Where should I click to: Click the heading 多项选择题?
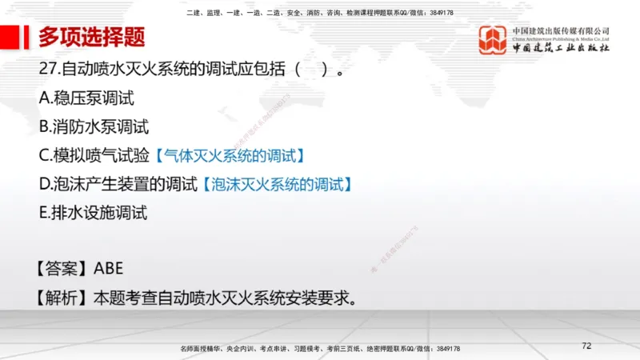point(91,38)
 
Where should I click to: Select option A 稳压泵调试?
point(86,98)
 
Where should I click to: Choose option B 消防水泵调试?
point(94,126)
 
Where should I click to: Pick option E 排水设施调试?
point(94,213)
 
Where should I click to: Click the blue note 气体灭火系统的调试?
point(230,155)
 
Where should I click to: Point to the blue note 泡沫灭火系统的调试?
point(277,184)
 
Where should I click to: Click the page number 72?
point(586,346)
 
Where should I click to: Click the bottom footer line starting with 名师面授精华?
point(320,350)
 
